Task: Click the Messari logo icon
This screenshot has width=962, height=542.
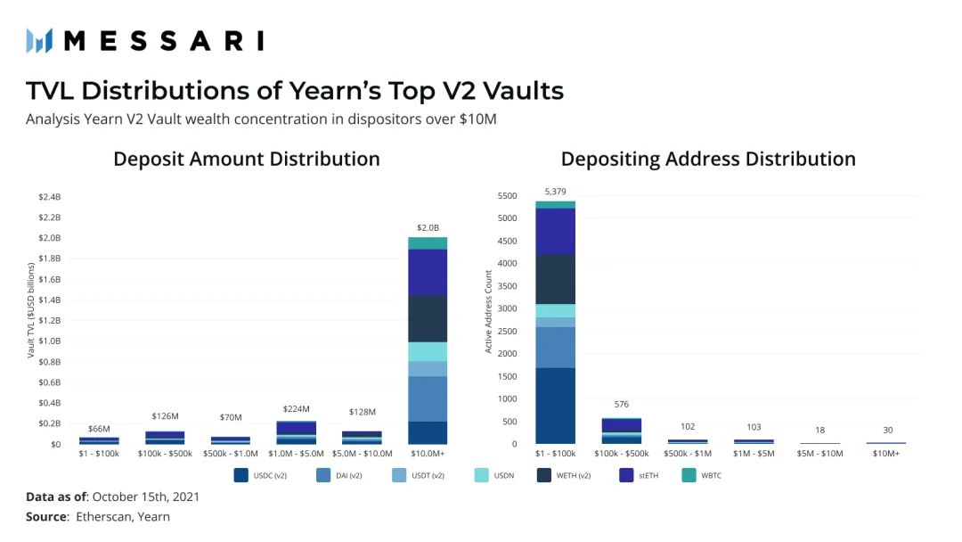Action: point(39,40)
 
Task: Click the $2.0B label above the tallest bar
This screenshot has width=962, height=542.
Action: point(428,227)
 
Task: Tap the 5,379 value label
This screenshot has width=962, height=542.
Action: point(555,191)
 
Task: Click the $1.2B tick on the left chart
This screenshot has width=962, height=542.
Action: point(49,320)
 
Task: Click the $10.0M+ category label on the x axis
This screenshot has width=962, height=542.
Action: point(428,455)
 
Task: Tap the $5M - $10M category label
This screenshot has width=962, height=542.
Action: point(819,455)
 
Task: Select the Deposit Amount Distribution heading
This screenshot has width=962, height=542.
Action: point(246,159)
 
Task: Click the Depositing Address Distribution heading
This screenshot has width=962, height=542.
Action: point(708,159)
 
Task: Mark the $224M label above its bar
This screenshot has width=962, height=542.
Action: point(296,408)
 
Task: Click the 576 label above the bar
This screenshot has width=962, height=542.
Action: point(622,404)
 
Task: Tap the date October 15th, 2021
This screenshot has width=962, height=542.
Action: point(146,497)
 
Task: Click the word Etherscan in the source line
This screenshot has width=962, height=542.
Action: point(106,516)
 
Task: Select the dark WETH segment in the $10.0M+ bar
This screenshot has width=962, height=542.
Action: point(428,318)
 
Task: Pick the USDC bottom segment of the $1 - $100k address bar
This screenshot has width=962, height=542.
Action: point(555,406)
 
